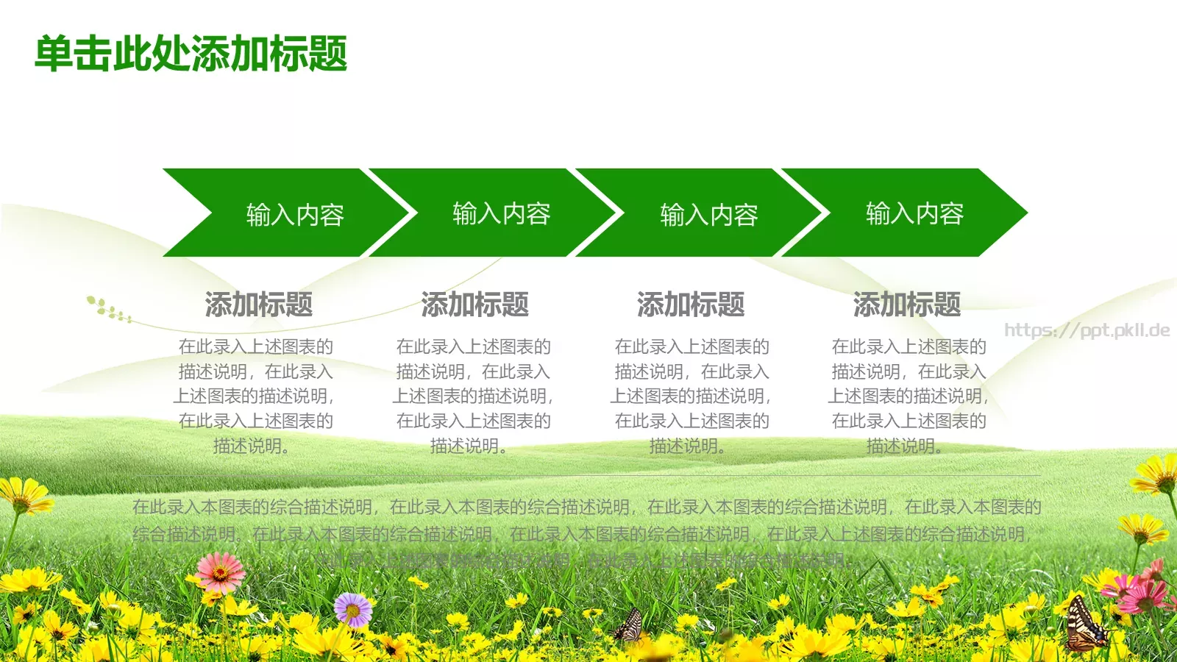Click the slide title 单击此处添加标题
(x=191, y=54)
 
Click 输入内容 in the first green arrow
(x=295, y=215)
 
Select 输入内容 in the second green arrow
(x=501, y=213)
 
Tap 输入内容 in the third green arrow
(x=708, y=215)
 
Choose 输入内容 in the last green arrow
(x=914, y=213)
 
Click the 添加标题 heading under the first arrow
(x=258, y=305)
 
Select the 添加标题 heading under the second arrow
(x=474, y=305)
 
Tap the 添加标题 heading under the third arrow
(x=691, y=305)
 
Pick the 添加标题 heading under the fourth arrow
(x=907, y=305)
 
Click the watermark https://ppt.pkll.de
(x=1087, y=330)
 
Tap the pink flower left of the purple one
(x=220, y=572)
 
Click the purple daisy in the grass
(x=353, y=609)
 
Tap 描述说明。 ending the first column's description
(x=251, y=446)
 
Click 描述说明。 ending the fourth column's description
(x=904, y=446)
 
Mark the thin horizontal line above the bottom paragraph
(x=588, y=475)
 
